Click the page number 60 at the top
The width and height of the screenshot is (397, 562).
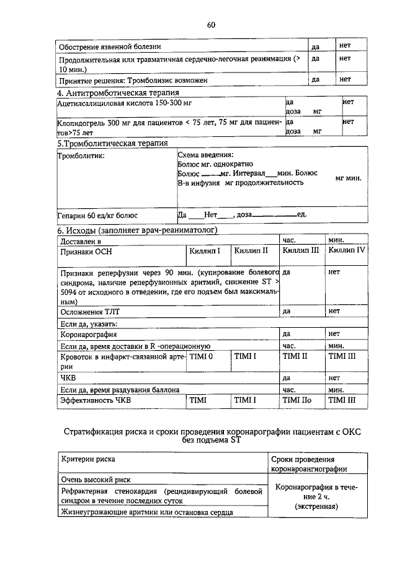(210, 25)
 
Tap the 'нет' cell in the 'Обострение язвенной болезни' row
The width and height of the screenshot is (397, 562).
(345, 46)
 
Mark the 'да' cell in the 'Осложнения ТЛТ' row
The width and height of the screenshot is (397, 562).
(287, 311)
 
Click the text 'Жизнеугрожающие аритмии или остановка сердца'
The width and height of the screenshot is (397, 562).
(146, 512)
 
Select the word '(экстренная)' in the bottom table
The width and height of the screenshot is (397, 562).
(316, 506)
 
